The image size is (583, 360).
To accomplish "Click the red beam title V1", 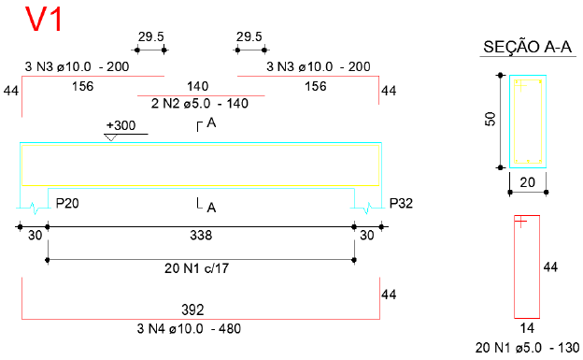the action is (44, 20).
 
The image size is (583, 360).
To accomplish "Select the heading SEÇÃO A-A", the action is (527, 48).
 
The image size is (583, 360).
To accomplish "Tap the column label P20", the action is (67, 203).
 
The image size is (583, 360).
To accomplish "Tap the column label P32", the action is (401, 203).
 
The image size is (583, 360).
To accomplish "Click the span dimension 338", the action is (201, 236).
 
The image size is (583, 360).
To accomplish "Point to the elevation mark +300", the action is (121, 125).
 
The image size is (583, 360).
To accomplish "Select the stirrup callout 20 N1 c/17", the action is (196, 268).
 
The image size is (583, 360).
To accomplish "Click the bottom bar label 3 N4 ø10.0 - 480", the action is (189, 329).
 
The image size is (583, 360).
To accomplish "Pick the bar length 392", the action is (192, 310).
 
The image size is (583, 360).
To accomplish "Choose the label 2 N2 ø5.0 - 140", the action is (200, 104).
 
